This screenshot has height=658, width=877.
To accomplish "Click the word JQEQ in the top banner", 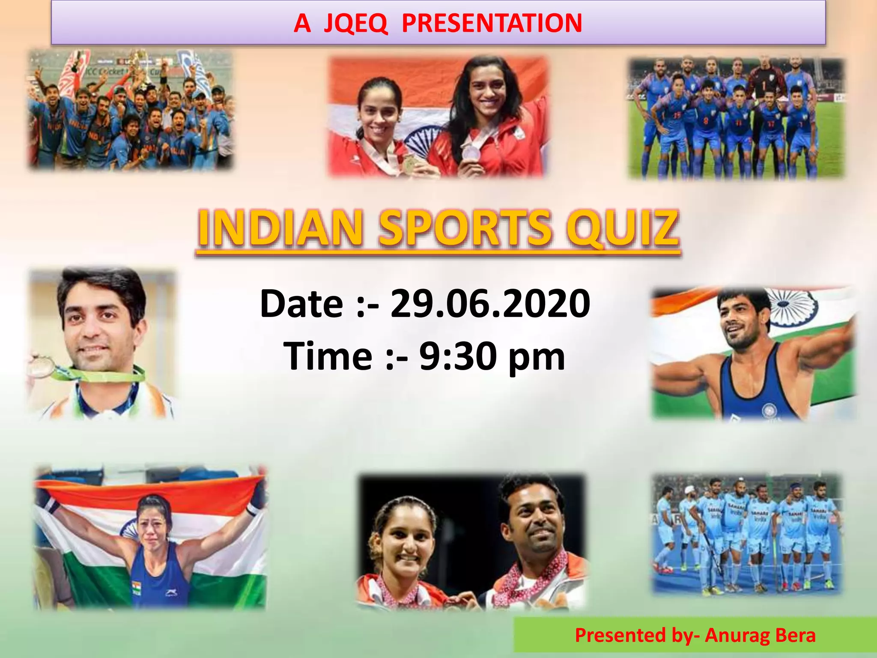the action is coord(355,24).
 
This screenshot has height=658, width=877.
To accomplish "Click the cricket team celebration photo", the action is coord(131,110).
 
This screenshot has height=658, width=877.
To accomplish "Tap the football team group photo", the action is coord(736,118).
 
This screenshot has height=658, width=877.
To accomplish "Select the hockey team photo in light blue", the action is coord(747,534).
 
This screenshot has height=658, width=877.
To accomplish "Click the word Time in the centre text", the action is coord(328,356).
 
